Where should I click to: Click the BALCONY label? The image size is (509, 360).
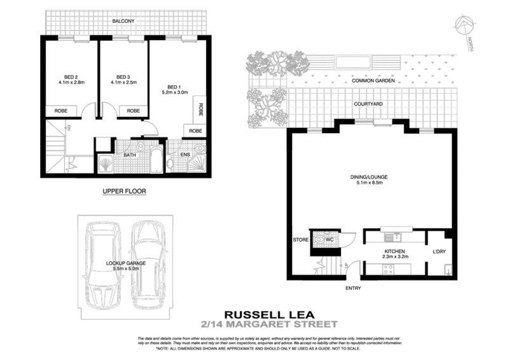pos(123,22)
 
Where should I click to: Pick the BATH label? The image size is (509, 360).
pos(130,155)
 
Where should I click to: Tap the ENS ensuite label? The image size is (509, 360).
pos(186,155)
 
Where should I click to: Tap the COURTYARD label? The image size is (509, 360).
pos(369,102)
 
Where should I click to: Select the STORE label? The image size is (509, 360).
pos(300,240)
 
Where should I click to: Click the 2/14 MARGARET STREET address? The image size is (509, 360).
pos(268,324)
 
